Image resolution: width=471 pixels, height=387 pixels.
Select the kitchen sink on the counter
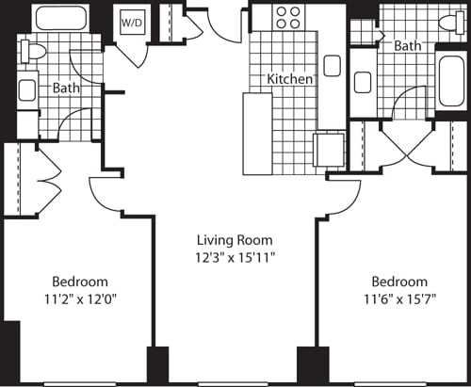coord(332,65)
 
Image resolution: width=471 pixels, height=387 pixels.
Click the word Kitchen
coord(290,80)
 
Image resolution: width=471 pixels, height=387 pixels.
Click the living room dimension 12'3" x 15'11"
coord(235,256)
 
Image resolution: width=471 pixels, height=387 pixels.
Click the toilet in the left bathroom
coord(32,53)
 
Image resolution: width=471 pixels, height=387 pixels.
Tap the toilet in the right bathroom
coord(447,23)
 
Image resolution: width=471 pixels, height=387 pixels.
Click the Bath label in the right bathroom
coord(407,45)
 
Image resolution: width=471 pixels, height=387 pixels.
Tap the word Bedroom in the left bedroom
coord(79,282)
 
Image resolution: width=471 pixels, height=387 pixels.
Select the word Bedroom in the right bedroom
coord(398,282)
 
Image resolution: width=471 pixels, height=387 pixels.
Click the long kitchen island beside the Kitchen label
coord(257,133)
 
